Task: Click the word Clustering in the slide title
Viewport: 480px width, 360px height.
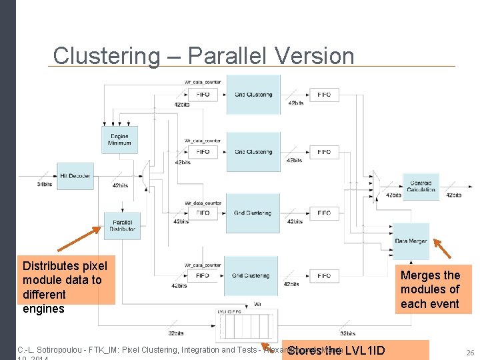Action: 107,56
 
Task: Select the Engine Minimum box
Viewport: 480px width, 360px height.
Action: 119,139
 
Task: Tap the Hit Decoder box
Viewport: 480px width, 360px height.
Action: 75,176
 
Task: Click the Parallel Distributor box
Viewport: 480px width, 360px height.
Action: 122,225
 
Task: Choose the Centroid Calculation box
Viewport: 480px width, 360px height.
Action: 421,186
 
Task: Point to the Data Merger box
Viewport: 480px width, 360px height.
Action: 411,241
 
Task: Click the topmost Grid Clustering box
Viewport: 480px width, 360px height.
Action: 253,94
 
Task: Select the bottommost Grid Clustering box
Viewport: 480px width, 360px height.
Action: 251,275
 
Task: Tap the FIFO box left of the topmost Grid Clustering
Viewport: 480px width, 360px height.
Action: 203,95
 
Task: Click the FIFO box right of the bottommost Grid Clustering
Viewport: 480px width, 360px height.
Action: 324,275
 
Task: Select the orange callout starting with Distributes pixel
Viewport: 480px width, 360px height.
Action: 65,280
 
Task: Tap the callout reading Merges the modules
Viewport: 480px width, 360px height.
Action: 433,289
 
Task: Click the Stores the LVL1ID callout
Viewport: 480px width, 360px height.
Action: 337,350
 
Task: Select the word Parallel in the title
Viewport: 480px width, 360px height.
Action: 230,56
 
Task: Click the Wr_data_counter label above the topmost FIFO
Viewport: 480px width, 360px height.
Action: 203,82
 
